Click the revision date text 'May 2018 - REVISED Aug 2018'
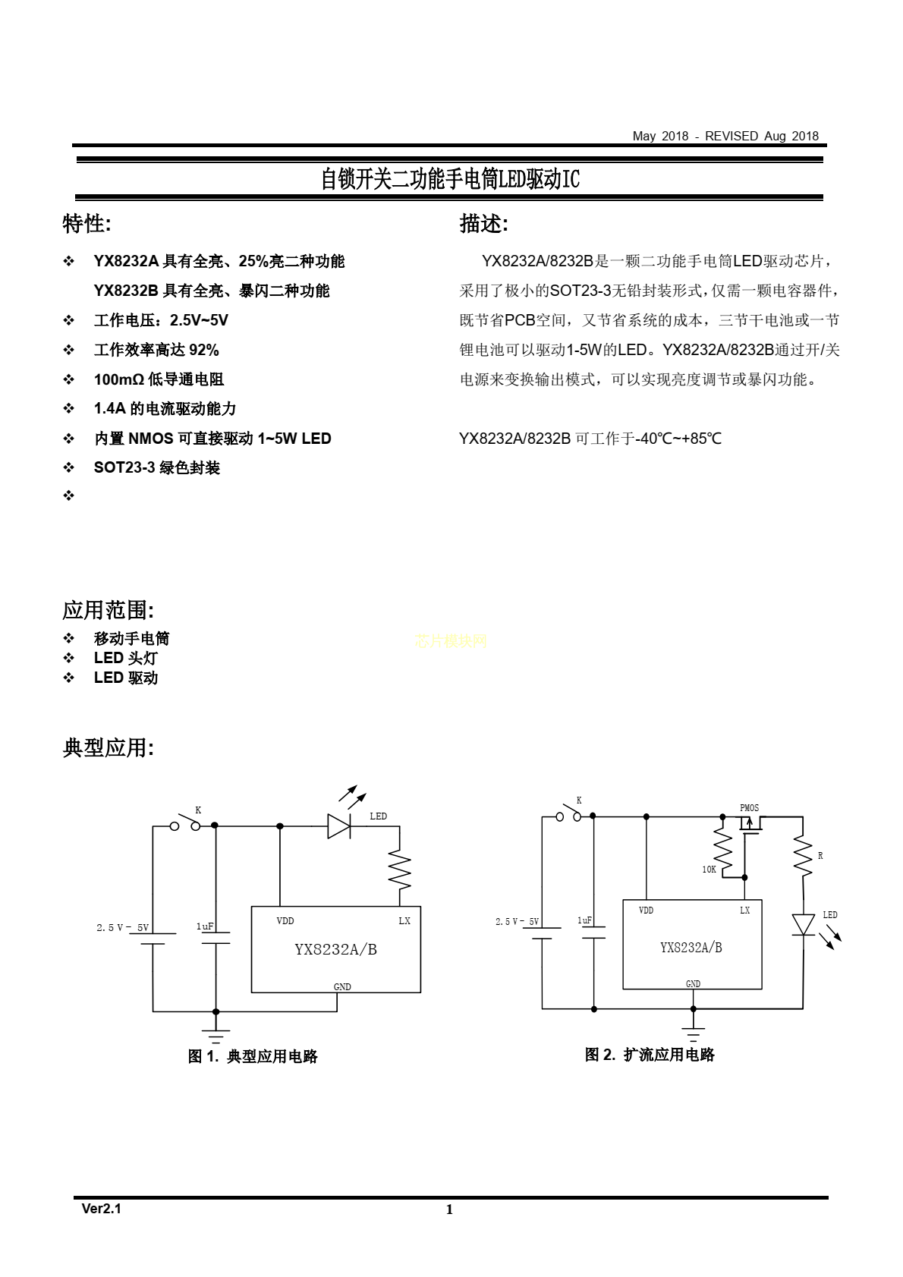(725, 137)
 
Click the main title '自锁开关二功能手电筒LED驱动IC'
(450, 179)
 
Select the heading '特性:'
(87, 224)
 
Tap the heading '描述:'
(483, 224)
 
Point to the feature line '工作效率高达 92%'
(156, 350)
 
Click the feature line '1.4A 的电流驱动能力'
(165, 409)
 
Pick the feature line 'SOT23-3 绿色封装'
(157, 468)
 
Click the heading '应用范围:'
(109, 610)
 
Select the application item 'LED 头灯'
(125, 658)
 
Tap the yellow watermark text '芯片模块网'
(451, 641)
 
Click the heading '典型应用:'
(109, 747)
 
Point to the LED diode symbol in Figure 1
(338, 826)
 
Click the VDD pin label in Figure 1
(285, 920)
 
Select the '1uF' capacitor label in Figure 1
(205, 926)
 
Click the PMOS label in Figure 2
(749, 808)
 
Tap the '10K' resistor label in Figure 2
(709, 870)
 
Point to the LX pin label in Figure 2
(745, 911)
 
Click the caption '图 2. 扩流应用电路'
(650, 1055)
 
